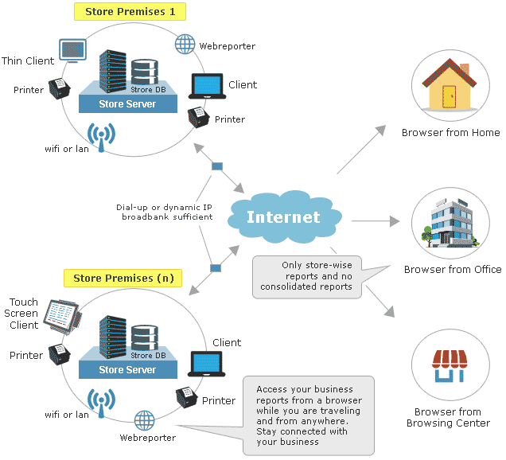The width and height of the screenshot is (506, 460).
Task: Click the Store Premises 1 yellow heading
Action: click(130, 12)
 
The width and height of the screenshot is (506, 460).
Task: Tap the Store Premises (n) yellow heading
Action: click(123, 279)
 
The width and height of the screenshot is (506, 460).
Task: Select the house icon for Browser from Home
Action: click(448, 88)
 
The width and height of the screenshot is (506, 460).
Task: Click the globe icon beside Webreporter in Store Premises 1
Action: click(185, 44)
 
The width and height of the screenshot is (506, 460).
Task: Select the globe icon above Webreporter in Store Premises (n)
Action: click(145, 419)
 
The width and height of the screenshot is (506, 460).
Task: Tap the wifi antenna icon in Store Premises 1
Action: click(101, 138)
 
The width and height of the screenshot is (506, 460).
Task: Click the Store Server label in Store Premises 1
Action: click(127, 104)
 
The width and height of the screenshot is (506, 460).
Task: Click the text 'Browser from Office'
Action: click(452, 270)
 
